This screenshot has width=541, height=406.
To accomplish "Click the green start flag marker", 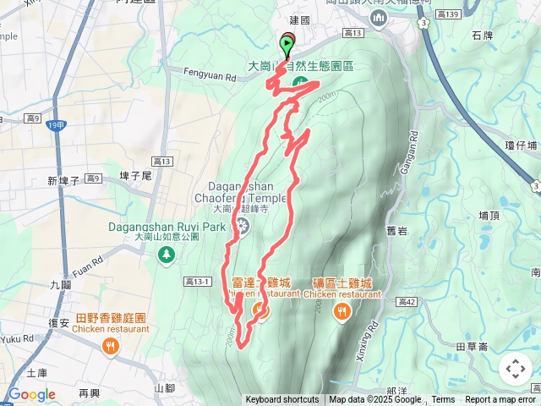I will point(287,43).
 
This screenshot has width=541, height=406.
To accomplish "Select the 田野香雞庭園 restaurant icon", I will point(110,346).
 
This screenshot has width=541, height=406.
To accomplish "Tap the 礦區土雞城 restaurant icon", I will point(342,312).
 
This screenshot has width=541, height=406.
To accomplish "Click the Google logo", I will point(31,394).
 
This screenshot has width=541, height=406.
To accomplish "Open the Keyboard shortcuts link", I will point(282,400).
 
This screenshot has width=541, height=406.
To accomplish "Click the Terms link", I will point(443,400).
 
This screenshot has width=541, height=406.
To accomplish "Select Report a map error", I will point(500,400).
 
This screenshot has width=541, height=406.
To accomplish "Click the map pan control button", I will point(515,369).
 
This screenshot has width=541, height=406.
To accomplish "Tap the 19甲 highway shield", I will point(55,126).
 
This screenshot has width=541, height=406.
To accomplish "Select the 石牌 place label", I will point(482,36).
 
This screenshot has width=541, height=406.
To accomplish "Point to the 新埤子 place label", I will point(63,181).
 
